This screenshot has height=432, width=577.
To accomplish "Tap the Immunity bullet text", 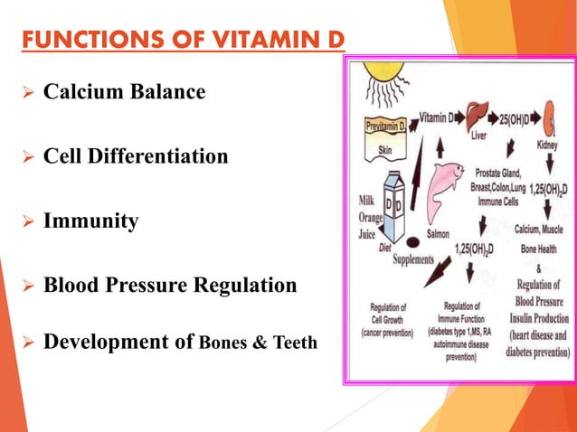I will pos(91,221).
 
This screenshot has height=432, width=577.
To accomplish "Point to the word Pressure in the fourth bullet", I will pos(184,286).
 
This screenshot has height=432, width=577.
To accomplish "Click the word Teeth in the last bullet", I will pos(294,343).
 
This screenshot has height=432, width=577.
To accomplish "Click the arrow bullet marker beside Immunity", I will pos(26,221).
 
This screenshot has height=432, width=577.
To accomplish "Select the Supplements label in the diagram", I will pos(419,259).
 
